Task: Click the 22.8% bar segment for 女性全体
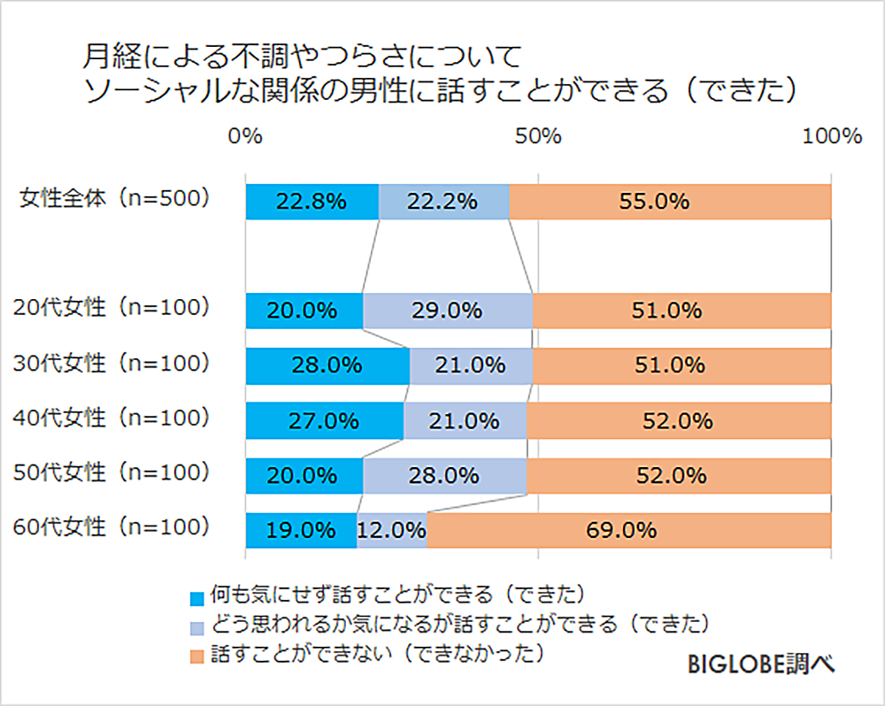(312, 202)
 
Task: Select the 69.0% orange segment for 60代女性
(628, 531)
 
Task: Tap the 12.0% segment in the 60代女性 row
(392, 531)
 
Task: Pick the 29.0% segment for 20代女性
(447, 311)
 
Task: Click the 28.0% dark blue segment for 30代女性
(327, 365)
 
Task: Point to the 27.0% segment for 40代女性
(324, 420)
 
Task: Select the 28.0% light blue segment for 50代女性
(444, 475)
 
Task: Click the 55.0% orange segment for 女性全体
(670, 202)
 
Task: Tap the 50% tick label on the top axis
(538, 136)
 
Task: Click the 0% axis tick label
(245, 136)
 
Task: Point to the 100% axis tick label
(829, 136)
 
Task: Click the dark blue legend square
(196, 598)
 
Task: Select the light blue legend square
(196, 627)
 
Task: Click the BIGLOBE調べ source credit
(759, 664)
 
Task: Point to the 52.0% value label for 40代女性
(678, 421)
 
